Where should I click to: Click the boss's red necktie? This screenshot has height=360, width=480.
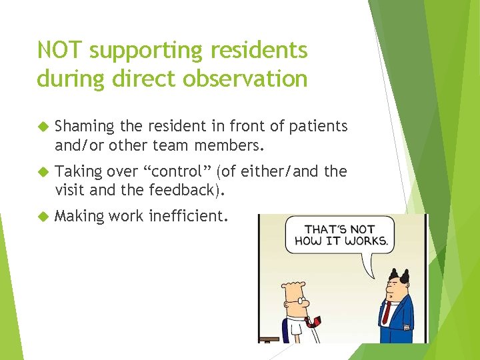pyautogui.click(x=385, y=312)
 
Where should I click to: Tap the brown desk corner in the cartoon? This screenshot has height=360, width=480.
pyautogui.click(x=269, y=339)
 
